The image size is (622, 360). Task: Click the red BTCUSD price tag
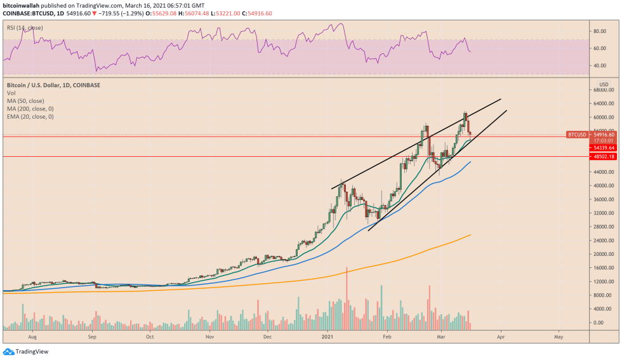(x=577, y=135)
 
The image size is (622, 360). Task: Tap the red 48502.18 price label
(x=602, y=156)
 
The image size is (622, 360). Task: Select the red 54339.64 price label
(x=602, y=147)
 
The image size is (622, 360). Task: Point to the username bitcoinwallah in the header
(x=24, y=4)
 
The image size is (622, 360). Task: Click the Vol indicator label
(x=11, y=92)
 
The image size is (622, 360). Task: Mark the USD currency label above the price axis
(x=603, y=84)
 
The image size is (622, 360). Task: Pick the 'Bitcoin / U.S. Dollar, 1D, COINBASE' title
(x=53, y=84)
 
